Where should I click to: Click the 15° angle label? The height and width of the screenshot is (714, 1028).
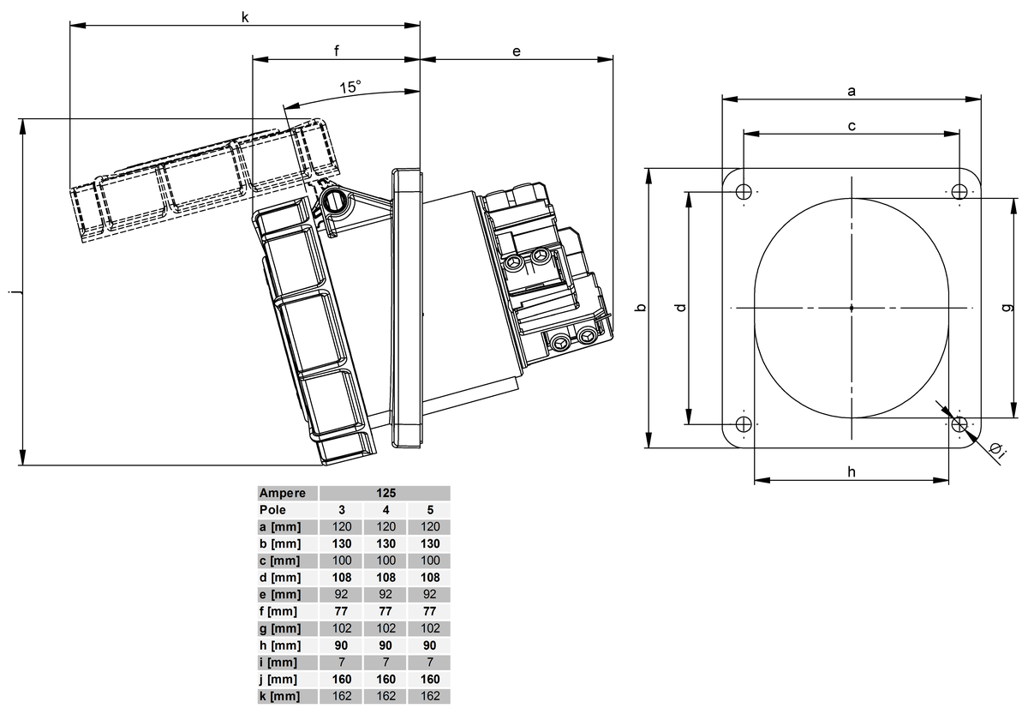(x=350, y=87)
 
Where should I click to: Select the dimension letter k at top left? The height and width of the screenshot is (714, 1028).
(x=245, y=16)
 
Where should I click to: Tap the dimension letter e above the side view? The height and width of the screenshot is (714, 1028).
(x=517, y=51)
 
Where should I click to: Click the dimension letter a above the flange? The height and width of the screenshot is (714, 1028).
(x=851, y=89)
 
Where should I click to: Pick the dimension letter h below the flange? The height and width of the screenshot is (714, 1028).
(x=851, y=471)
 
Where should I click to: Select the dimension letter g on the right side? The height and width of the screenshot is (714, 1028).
(x=1007, y=307)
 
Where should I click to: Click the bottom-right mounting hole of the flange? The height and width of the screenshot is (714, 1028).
(x=959, y=423)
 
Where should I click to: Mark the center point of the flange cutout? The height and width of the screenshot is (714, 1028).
(x=852, y=307)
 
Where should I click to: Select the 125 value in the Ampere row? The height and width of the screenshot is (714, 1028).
(x=385, y=494)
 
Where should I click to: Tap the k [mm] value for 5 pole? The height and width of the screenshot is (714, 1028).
(x=430, y=696)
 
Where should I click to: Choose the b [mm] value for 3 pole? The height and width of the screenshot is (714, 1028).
(x=341, y=543)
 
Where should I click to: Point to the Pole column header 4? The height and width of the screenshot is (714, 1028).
(x=385, y=510)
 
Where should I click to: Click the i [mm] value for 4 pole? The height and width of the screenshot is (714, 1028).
(x=385, y=662)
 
